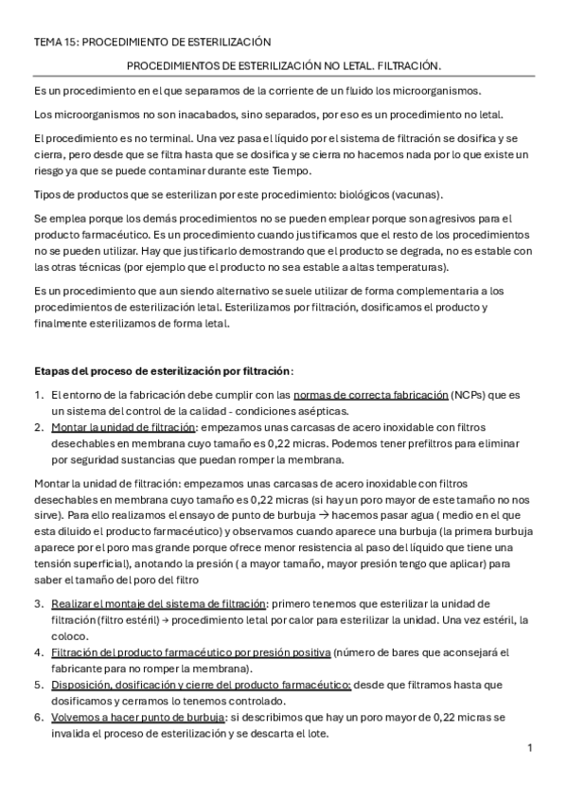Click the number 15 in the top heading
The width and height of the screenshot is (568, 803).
[69, 42]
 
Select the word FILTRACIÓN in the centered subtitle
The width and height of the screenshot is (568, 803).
[408, 66]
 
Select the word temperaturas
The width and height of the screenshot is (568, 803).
[416, 267]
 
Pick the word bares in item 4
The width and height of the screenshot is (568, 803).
[423, 652]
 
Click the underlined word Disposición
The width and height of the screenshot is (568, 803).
[83, 685]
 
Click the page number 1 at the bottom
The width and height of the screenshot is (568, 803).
[530, 749]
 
